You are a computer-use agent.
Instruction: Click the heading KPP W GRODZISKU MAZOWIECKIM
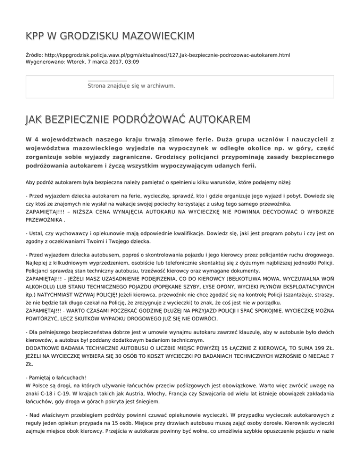[x=110, y=36]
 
